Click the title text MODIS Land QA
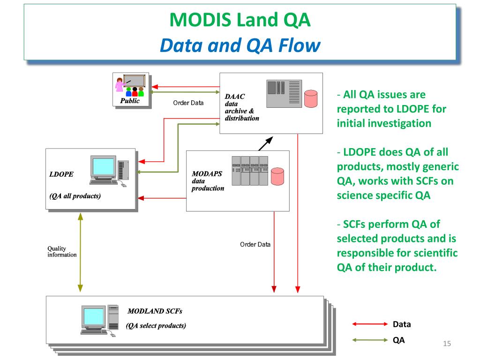[x=240, y=20]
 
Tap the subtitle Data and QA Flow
[x=240, y=45]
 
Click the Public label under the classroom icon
[x=130, y=101]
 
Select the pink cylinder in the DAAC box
[x=311, y=98]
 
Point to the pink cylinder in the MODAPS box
[x=277, y=176]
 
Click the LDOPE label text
[x=61, y=174]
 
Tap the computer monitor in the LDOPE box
[x=103, y=167]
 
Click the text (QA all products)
[x=75, y=196]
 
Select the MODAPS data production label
[x=208, y=181]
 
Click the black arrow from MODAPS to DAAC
[x=265, y=143]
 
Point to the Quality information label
[x=62, y=251]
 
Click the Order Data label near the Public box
[x=188, y=103]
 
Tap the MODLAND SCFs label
[x=155, y=311]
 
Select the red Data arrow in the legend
[x=370, y=324]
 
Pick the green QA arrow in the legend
[x=370, y=340]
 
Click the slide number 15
[x=447, y=344]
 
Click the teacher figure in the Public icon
[x=120, y=85]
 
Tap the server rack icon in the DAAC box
[x=284, y=94]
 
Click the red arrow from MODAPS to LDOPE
[x=162, y=198]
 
